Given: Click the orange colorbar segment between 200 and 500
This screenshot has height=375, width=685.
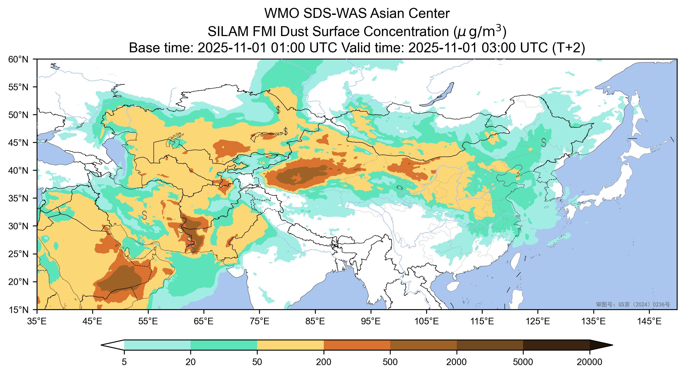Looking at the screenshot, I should (357, 345).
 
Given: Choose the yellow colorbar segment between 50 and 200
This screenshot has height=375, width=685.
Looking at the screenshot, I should (290, 345).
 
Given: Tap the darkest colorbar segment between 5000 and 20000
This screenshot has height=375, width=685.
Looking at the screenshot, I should (556, 345).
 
